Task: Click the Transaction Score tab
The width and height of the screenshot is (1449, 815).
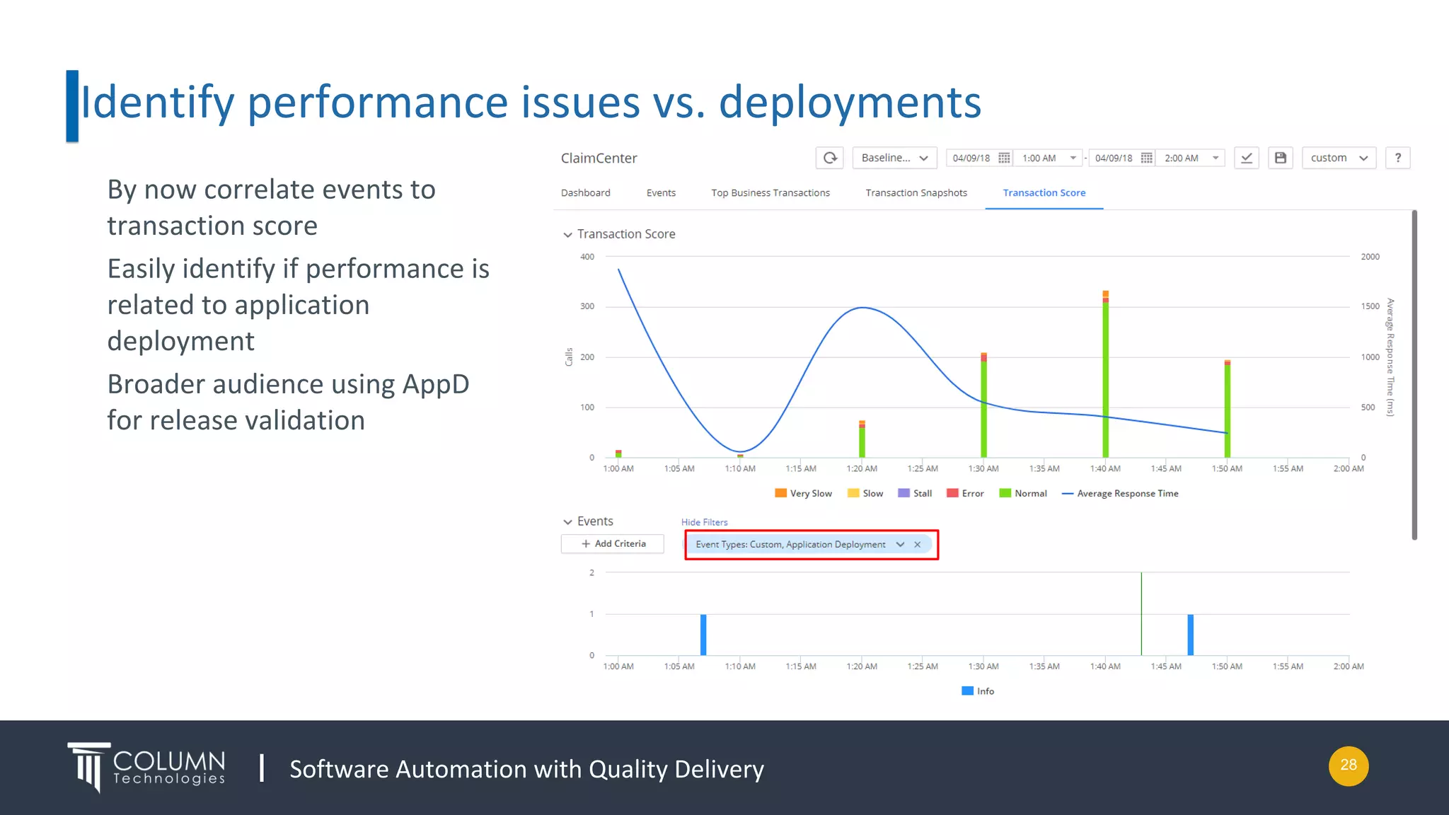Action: [x=1044, y=192]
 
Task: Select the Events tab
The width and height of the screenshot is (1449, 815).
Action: [x=661, y=192]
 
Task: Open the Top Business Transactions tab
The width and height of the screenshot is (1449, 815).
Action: [x=770, y=192]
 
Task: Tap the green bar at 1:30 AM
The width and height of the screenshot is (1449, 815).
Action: [x=983, y=410]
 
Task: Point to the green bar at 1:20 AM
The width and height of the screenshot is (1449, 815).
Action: [x=862, y=442]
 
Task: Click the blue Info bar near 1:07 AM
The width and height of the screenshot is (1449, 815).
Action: [x=703, y=635]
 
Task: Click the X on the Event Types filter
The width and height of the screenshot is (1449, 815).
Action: [x=918, y=544]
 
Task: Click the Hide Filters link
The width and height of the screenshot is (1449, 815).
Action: [x=704, y=522]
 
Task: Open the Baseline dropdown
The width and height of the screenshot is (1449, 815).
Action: [x=894, y=158]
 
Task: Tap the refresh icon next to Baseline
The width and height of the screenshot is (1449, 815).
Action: [x=830, y=158]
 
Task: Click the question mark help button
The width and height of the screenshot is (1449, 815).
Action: [x=1397, y=158]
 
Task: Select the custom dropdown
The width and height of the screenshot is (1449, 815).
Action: [x=1339, y=158]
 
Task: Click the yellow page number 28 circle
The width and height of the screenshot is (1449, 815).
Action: [x=1349, y=765]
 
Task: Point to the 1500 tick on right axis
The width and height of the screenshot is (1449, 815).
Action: [x=1370, y=306]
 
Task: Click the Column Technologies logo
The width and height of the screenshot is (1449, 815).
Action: [x=147, y=768]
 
